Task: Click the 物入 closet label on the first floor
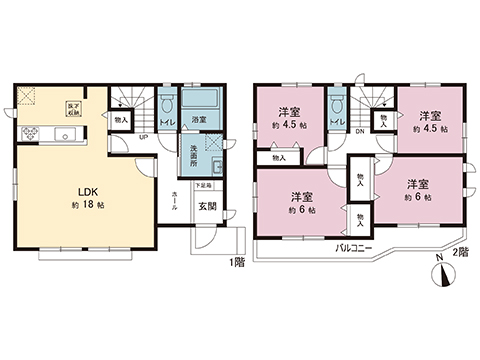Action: click(x=121, y=119)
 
